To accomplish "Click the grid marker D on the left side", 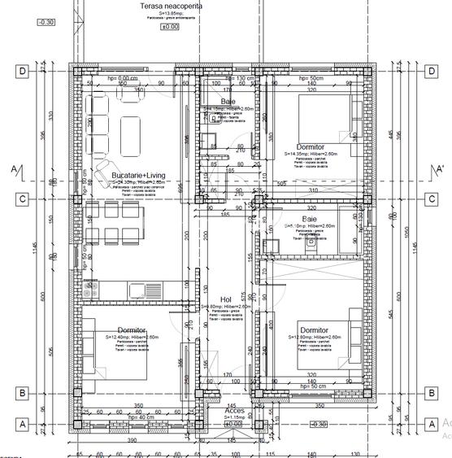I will pos(23,72).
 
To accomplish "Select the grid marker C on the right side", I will pos(431,198).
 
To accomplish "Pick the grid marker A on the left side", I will pos(23,424).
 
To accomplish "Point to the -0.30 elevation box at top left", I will pos(46,22).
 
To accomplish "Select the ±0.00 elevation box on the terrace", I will pos(170,26).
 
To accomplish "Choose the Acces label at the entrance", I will pos(234,411).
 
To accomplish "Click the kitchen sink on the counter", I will pos(155,288).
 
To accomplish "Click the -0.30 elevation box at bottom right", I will pos(319,424).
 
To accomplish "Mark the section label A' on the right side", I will pos(440,169).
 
